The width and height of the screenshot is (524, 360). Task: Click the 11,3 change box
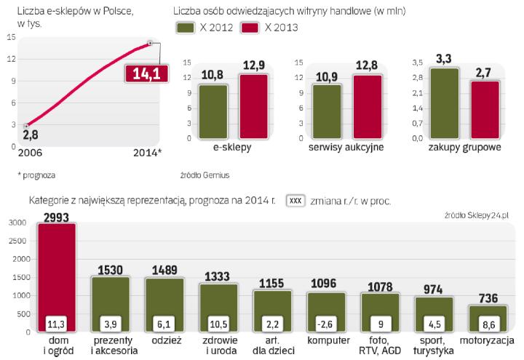57,322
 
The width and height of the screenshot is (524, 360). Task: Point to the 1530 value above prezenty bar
111,269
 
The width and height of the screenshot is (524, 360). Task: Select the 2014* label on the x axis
148,152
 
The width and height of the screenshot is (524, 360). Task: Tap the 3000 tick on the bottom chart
17,223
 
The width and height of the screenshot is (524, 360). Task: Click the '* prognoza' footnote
38,175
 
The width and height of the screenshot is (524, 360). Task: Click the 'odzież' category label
164,339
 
